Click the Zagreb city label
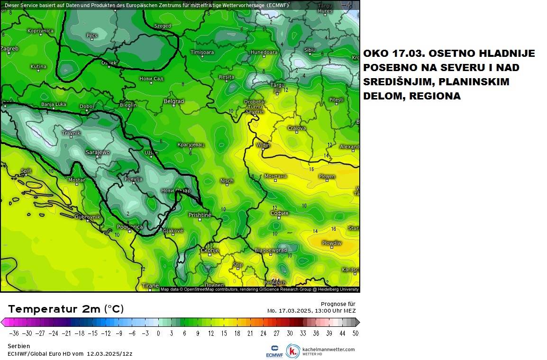[9, 48]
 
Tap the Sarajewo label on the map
[98, 152]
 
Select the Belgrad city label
[173, 101]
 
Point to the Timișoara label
[201, 52]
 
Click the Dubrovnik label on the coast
[88, 217]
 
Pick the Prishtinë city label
[200, 215]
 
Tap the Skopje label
[210, 250]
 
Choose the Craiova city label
[297, 128]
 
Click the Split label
[26, 171]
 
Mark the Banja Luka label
[54, 104]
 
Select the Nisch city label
[227, 181]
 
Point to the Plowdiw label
[331, 243]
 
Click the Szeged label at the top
[163, 26]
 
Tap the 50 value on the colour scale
[355, 333]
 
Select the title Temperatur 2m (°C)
[66, 309]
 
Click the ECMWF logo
[274, 351]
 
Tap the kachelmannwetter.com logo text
[328, 350]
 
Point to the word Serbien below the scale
[18, 346]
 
